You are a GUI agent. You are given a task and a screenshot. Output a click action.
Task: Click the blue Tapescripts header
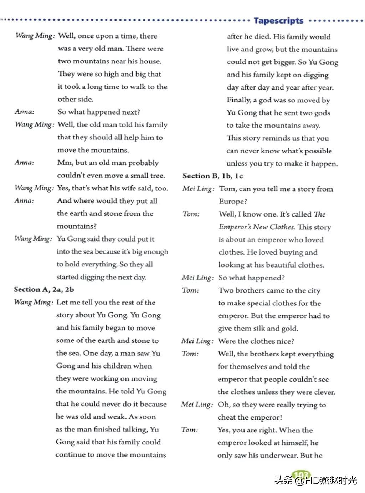pos(278,21)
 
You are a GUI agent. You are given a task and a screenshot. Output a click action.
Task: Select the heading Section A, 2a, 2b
pos(44,289)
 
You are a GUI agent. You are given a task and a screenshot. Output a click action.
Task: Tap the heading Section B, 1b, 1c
pos(212,176)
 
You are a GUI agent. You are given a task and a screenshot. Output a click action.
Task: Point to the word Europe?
pos(233,201)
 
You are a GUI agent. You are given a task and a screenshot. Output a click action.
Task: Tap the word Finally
pos(239,100)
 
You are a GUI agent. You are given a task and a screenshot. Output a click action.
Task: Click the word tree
pos(157,176)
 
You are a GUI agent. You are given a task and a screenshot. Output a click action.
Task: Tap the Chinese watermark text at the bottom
pos(315,480)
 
